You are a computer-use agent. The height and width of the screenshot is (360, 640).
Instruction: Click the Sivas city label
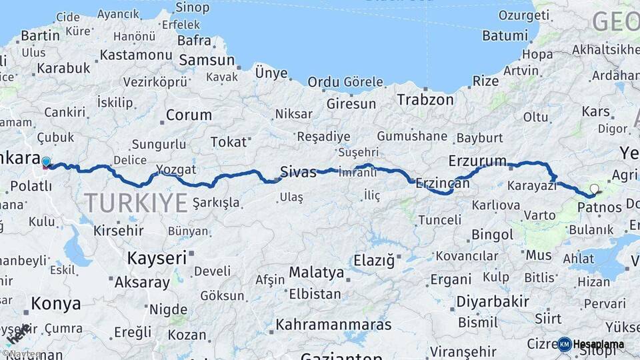coord(298,171)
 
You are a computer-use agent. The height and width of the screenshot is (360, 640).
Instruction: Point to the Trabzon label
coord(425,99)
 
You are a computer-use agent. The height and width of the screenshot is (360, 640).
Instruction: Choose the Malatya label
coord(316,272)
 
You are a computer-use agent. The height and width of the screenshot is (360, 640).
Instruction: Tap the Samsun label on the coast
coord(207,59)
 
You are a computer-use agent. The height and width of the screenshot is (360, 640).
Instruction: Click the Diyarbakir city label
coord(493,301)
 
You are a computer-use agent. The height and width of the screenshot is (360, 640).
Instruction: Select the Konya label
coord(56,304)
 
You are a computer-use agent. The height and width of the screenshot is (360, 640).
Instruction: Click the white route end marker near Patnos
coord(594,188)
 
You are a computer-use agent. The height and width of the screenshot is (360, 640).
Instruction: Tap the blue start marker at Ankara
coord(46,162)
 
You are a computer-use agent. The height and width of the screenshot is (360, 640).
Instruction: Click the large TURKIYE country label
coord(136,202)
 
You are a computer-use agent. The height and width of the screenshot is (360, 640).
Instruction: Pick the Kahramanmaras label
coord(333,325)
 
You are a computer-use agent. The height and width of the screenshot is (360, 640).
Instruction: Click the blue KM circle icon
coord(565,344)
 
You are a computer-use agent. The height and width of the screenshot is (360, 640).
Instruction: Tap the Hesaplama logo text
coord(599,344)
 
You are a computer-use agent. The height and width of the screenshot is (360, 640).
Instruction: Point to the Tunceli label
coord(439,219)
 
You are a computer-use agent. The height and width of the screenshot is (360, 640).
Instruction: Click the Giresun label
coord(351,104)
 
